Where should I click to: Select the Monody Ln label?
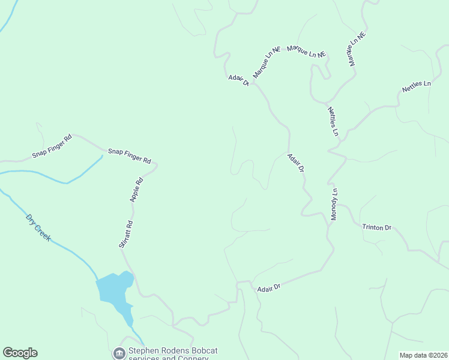pyautogui.click(x=334, y=205)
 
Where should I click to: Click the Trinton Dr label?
pyautogui.click(x=376, y=227)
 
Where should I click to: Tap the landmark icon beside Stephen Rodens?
pyautogui.click(x=119, y=352)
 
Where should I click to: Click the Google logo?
pyautogui.click(x=20, y=353)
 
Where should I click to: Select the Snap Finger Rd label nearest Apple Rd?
pyautogui.click(x=129, y=156)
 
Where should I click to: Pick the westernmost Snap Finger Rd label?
pyautogui.click(x=52, y=146)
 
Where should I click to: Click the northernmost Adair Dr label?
pyautogui.click(x=238, y=80)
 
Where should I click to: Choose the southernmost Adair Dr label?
pyautogui.click(x=269, y=289)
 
